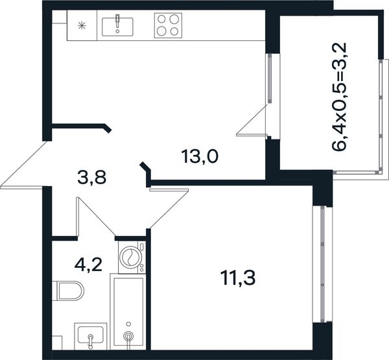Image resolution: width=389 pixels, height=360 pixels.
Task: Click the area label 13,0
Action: point(200,157)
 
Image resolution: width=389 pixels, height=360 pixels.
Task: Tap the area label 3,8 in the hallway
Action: point(92,178)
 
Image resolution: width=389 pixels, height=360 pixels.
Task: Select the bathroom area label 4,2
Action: point(88,265)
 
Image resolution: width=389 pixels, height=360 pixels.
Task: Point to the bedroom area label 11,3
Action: point(239,278)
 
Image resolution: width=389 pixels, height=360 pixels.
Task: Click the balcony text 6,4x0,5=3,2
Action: point(339,97)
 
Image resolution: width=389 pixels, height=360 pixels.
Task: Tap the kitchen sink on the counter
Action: point(117,27)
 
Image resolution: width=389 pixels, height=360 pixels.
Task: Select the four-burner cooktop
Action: point(168,25)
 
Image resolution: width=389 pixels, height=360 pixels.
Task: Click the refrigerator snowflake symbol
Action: point(82,25)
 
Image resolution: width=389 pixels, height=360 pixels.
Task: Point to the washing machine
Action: point(132,257)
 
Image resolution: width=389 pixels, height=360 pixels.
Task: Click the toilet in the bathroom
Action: point(68,291)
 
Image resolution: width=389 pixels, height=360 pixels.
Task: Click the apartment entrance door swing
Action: point(23,165)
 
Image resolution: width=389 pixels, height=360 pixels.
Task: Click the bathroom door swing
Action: point(96,217)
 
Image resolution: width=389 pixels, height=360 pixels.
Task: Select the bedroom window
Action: point(322,264)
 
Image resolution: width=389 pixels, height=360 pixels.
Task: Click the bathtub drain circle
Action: point(128,324)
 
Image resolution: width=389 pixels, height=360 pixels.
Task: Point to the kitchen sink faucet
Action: point(117,21)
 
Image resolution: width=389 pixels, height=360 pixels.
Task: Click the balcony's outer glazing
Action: point(381,116)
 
